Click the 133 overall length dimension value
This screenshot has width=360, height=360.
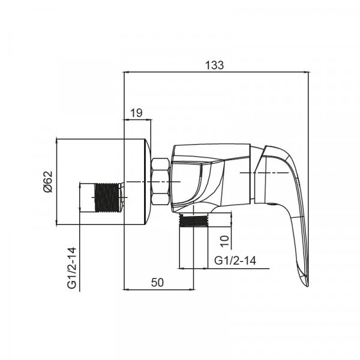(215, 65)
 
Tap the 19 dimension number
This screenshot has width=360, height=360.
(136, 112)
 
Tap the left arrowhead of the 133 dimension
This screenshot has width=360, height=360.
(125, 73)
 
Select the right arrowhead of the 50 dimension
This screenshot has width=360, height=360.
(193, 289)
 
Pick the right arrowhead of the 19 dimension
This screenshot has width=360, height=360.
(149, 119)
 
